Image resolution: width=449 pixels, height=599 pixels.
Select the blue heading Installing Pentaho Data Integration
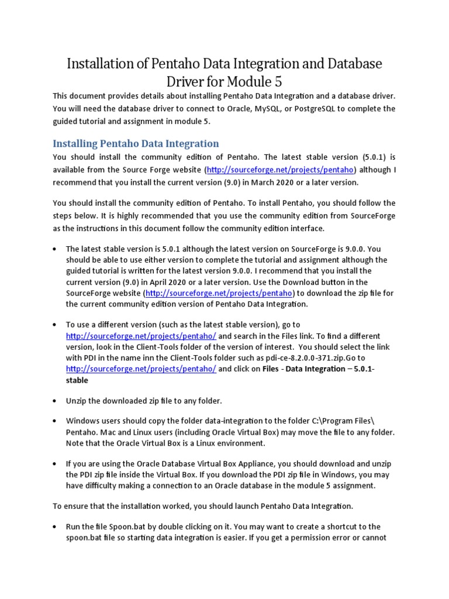136,143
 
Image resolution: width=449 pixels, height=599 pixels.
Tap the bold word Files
270,369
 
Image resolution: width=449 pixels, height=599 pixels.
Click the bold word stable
77,380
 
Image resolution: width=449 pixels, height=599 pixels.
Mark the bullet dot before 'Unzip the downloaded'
54,401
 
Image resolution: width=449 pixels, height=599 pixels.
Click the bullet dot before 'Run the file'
54,527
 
